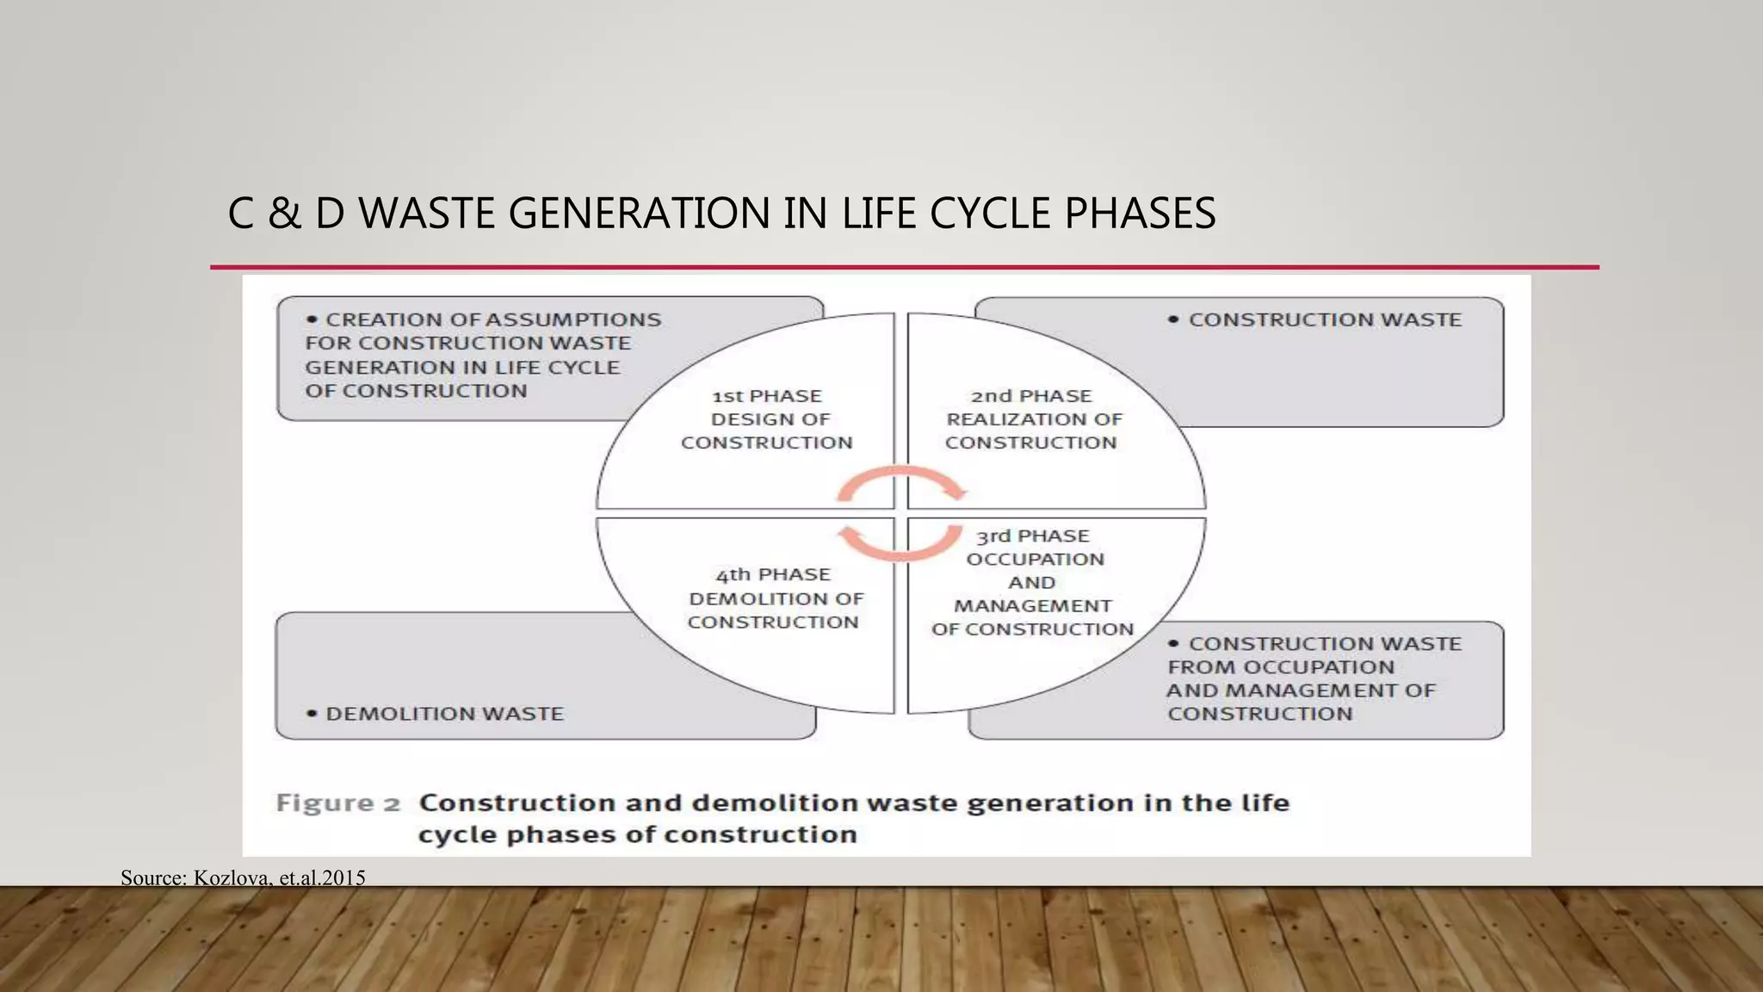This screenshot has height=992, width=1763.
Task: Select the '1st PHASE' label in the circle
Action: tap(766, 396)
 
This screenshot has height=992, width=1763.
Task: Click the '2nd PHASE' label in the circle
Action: tap(1030, 396)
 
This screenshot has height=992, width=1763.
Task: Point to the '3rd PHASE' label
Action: tap(1032, 536)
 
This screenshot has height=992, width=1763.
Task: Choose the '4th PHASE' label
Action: tap(772, 574)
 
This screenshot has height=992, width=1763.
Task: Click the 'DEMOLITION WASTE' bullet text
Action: tap(444, 714)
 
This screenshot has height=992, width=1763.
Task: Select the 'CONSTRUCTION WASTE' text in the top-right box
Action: tap(1325, 319)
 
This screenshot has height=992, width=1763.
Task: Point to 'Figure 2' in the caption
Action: tap(337, 803)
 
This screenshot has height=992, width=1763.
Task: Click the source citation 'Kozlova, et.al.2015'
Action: tap(279, 877)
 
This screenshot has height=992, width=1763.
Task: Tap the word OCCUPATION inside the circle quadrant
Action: tap(1035, 560)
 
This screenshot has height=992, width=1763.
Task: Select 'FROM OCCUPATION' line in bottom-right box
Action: tap(1280, 667)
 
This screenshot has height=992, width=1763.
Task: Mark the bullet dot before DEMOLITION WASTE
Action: tap(312, 714)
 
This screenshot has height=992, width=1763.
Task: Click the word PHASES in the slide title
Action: tap(1140, 214)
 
